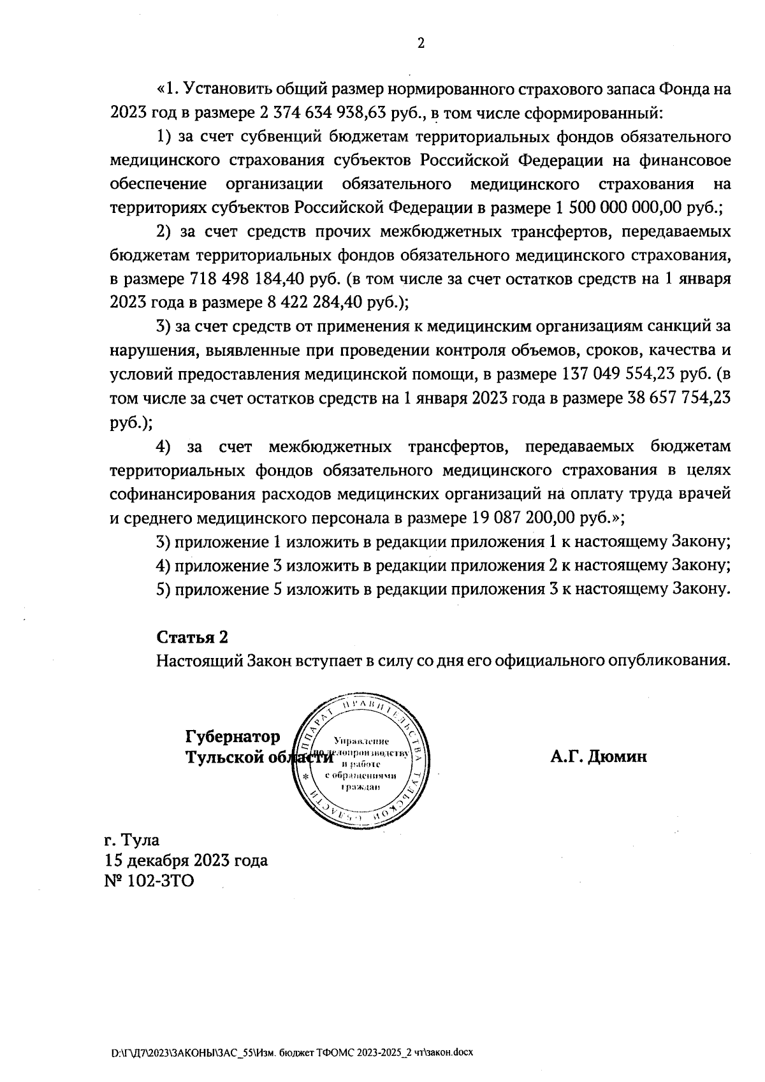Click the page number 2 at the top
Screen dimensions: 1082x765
tap(421, 43)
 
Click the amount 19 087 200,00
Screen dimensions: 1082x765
tap(524, 518)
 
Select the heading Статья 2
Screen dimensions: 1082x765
tap(192, 637)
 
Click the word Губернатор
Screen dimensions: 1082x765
tap(233, 736)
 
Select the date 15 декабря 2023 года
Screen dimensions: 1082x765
tap(187, 860)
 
